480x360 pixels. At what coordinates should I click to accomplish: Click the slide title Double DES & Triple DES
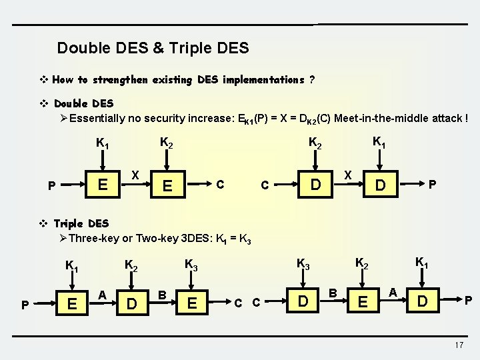[153, 48]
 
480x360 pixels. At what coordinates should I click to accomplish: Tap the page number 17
[458, 345]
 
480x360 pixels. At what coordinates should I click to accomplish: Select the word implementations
[253, 80]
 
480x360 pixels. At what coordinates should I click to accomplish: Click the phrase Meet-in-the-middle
[378, 119]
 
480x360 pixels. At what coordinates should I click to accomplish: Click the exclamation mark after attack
[466, 119]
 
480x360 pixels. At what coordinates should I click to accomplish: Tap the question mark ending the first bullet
[312, 80]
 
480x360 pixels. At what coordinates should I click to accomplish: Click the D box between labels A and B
[133, 304]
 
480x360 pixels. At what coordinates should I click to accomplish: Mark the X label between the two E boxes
[135, 175]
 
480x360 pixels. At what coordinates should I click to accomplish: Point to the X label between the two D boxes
[348, 173]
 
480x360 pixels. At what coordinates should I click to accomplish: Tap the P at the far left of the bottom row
[25, 305]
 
